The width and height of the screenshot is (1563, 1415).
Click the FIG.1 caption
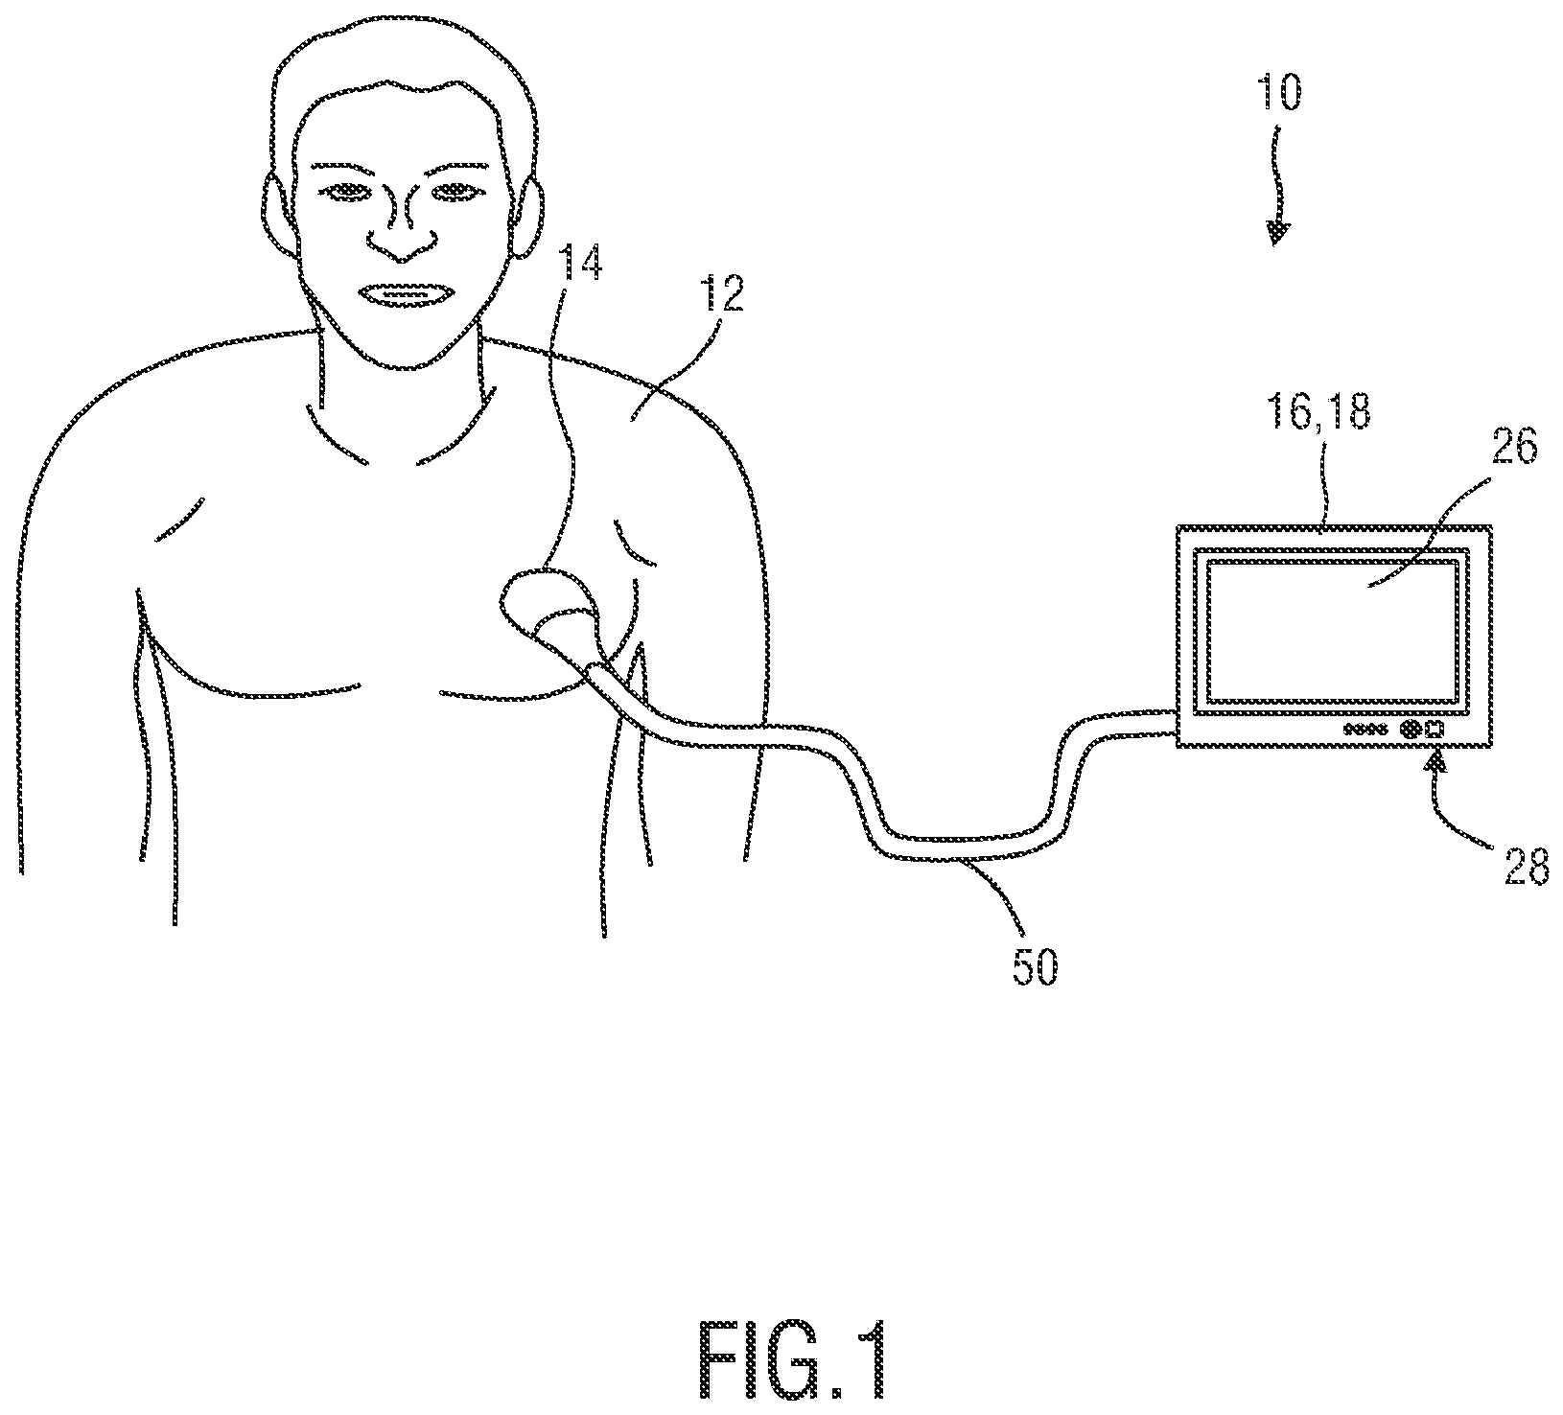click(x=792, y=1360)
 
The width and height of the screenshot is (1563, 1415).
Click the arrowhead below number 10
click(x=1277, y=234)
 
